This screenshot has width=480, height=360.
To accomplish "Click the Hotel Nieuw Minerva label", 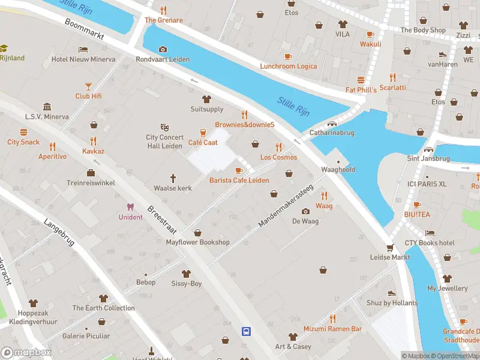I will point(83,59).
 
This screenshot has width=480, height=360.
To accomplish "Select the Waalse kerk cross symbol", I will point(173,178).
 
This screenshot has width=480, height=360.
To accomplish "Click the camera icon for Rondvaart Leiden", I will point(163,50).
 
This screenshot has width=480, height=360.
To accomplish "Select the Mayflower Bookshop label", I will point(197,242).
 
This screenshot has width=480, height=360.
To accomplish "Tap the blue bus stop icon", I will point(246,331).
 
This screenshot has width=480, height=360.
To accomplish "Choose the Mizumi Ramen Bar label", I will point(332,329).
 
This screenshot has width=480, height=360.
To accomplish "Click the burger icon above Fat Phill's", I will point(361,80).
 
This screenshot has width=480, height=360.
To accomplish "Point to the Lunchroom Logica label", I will point(288,66).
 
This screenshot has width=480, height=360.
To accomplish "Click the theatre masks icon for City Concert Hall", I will point(164,127).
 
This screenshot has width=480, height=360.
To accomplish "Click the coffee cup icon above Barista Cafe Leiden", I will point(239,171).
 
